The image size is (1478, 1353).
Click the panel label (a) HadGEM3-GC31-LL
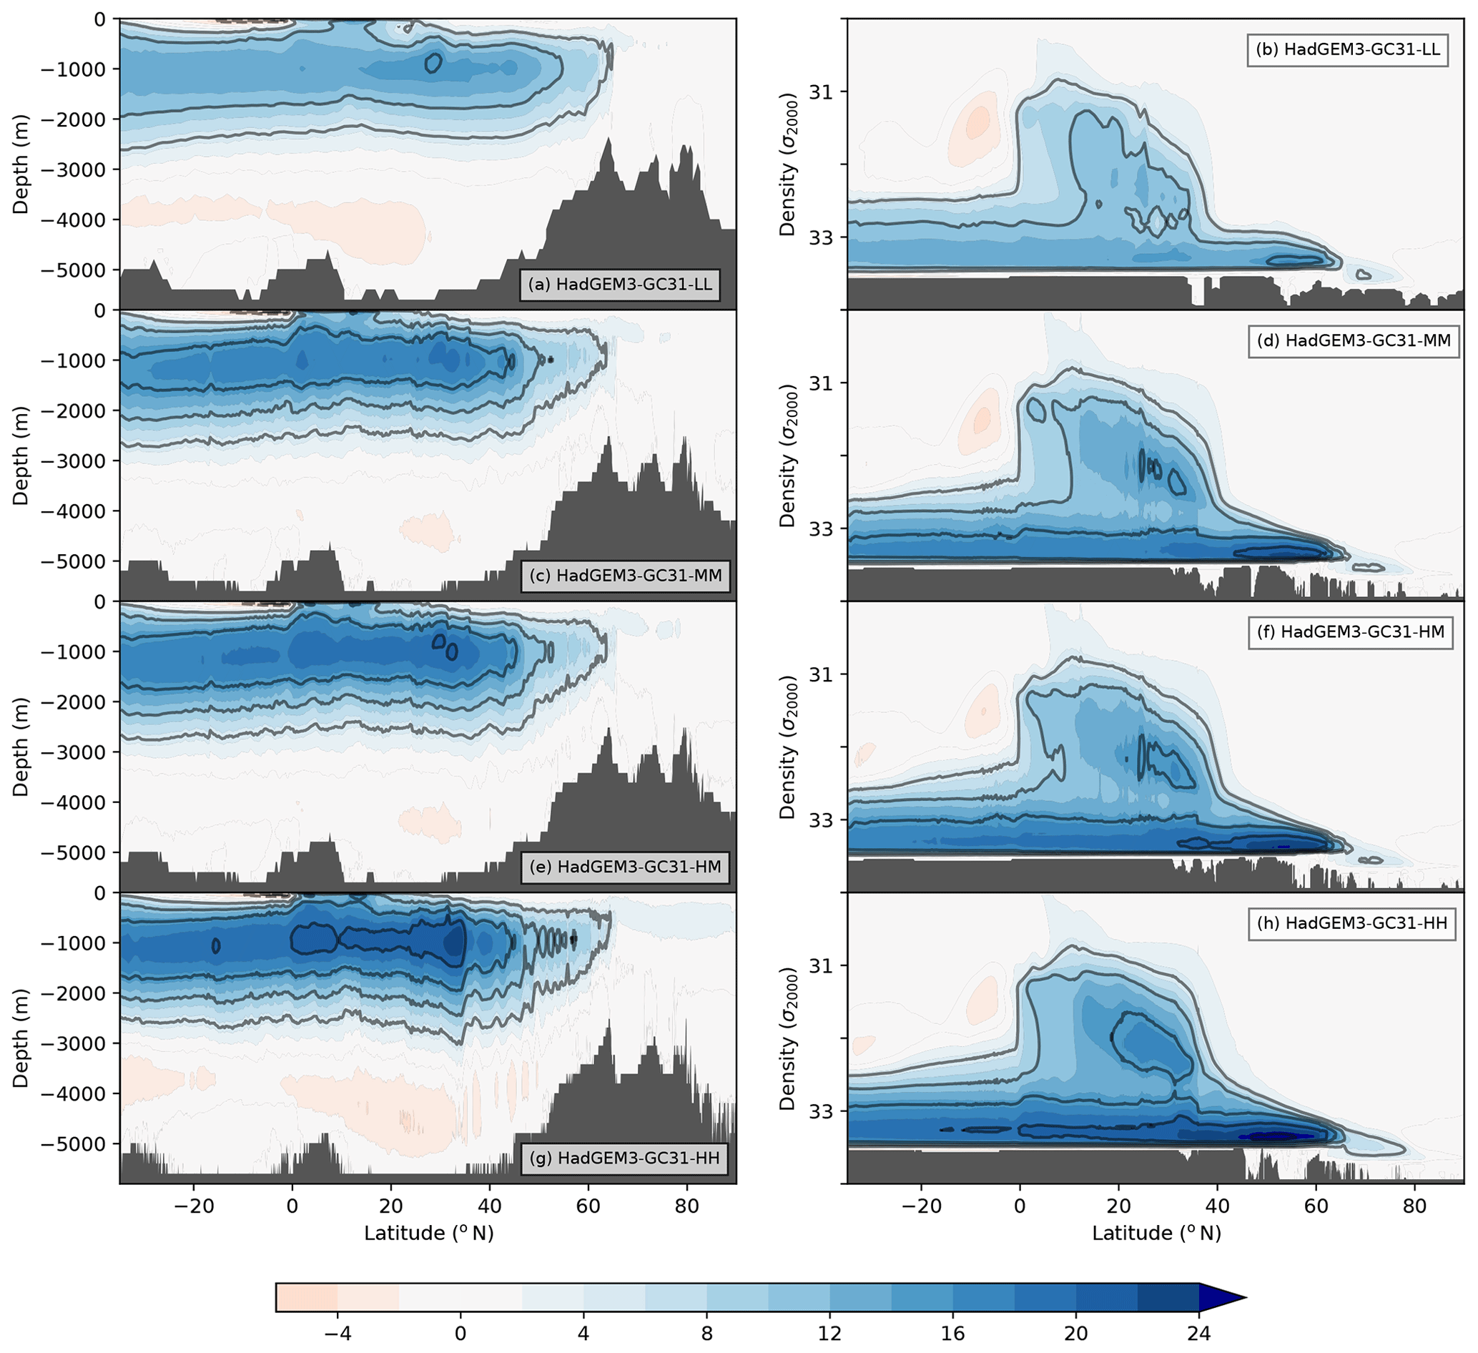click(619, 285)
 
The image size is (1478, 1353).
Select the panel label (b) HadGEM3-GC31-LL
click(1347, 50)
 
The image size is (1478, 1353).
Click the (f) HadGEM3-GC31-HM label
click(1351, 632)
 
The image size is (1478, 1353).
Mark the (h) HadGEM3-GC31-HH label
click(1352, 923)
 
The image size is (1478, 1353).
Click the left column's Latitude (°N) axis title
click(429, 1233)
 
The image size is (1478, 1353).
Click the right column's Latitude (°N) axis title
click(1157, 1233)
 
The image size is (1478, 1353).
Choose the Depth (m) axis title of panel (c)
click(21, 456)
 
